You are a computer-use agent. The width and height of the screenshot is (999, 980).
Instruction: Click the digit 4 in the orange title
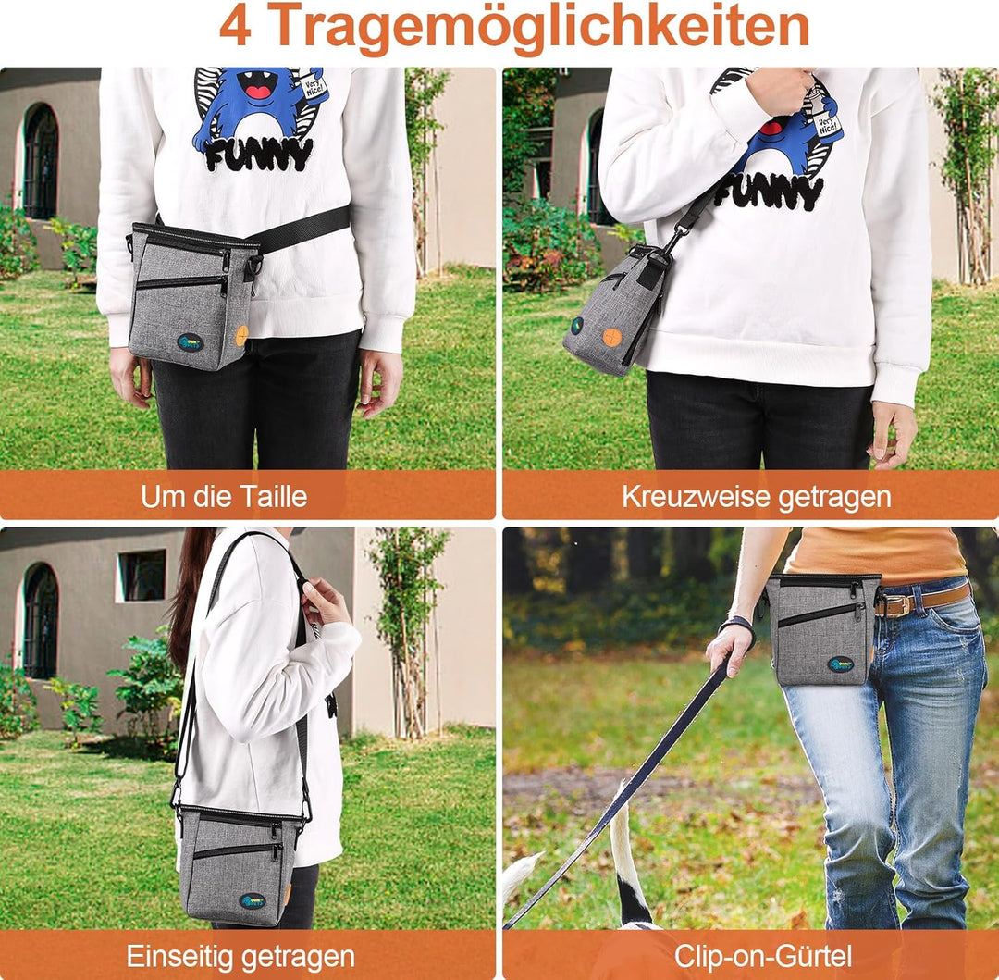(x=235, y=27)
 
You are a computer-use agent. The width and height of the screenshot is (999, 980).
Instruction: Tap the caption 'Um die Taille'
(x=224, y=496)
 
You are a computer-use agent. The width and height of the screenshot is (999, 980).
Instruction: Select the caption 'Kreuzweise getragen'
(x=757, y=497)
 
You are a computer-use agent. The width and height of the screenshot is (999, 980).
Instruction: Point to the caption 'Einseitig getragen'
(x=240, y=957)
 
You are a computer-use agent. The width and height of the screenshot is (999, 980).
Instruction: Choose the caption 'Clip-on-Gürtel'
(x=762, y=957)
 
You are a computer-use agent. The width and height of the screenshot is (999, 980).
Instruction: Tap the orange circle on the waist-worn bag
(x=242, y=334)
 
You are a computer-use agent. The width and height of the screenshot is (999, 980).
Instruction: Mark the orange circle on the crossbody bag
(x=611, y=337)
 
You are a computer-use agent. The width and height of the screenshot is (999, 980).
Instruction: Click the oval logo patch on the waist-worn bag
(x=191, y=343)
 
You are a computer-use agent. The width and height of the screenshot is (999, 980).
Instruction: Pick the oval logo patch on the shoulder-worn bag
(x=253, y=901)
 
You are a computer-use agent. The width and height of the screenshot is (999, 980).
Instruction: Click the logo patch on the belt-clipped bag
(x=841, y=664)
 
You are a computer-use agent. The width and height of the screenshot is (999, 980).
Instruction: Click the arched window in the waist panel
(x=41, y=163)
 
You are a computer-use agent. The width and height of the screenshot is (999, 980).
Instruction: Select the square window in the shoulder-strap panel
(x=142, y=576)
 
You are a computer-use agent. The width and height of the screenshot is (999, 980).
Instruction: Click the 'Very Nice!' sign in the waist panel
(x=314, y=86)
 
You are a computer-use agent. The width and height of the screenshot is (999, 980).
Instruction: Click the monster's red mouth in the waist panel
(x=258, y=92)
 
